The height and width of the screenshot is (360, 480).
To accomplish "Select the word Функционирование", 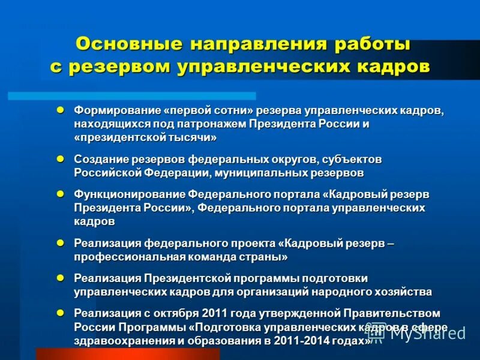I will coord(130,194).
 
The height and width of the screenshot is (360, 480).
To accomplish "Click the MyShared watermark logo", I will coord(416,333).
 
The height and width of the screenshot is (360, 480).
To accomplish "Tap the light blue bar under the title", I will coord(132,95).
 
